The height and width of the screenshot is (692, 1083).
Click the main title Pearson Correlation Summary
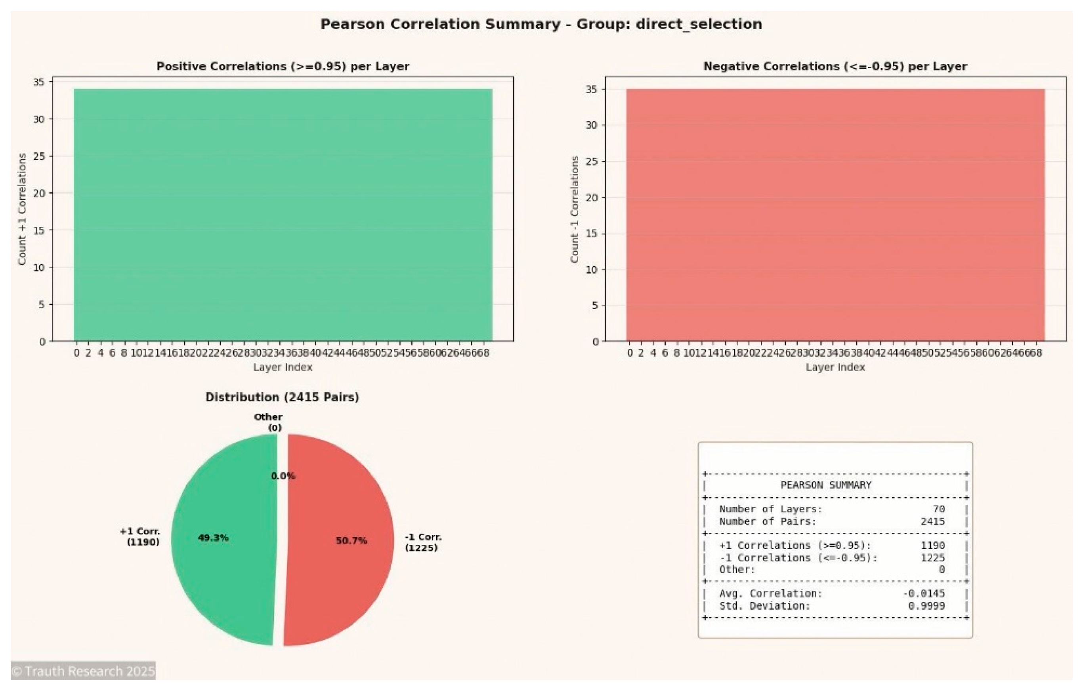(541, 24)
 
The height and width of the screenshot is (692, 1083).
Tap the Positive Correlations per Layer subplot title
(283, 66)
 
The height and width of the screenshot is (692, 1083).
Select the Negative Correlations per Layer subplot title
(835, 66)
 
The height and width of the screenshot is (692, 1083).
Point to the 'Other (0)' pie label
(269, 422)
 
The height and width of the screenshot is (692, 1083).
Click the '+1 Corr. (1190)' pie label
(140, 536)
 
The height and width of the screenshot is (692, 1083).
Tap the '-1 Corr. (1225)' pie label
(422, 542)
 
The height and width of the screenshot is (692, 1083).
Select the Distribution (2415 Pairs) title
(282, 397)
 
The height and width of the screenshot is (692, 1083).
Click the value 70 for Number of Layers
(938, 509)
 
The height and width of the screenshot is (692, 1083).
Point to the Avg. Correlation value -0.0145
(923, 593)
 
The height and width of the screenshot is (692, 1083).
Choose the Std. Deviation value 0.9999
(926, 606)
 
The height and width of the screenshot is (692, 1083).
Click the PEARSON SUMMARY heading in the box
(826, 485)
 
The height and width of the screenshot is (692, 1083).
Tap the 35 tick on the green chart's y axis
(39, 82)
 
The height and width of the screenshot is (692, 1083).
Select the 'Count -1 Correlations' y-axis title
(574, 209)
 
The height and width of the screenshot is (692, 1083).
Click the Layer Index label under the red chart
(835, 367)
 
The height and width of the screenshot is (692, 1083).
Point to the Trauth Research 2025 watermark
(83, 671)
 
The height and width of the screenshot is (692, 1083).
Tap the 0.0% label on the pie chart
(283, 476)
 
